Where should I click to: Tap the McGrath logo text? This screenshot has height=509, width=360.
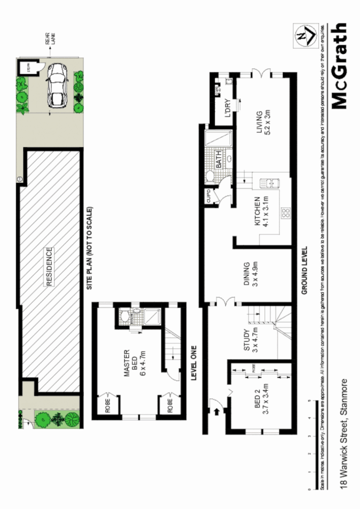(339, 66)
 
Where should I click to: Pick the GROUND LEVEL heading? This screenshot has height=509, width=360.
(304, 271)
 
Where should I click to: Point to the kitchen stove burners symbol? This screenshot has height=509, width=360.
(286, 213)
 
